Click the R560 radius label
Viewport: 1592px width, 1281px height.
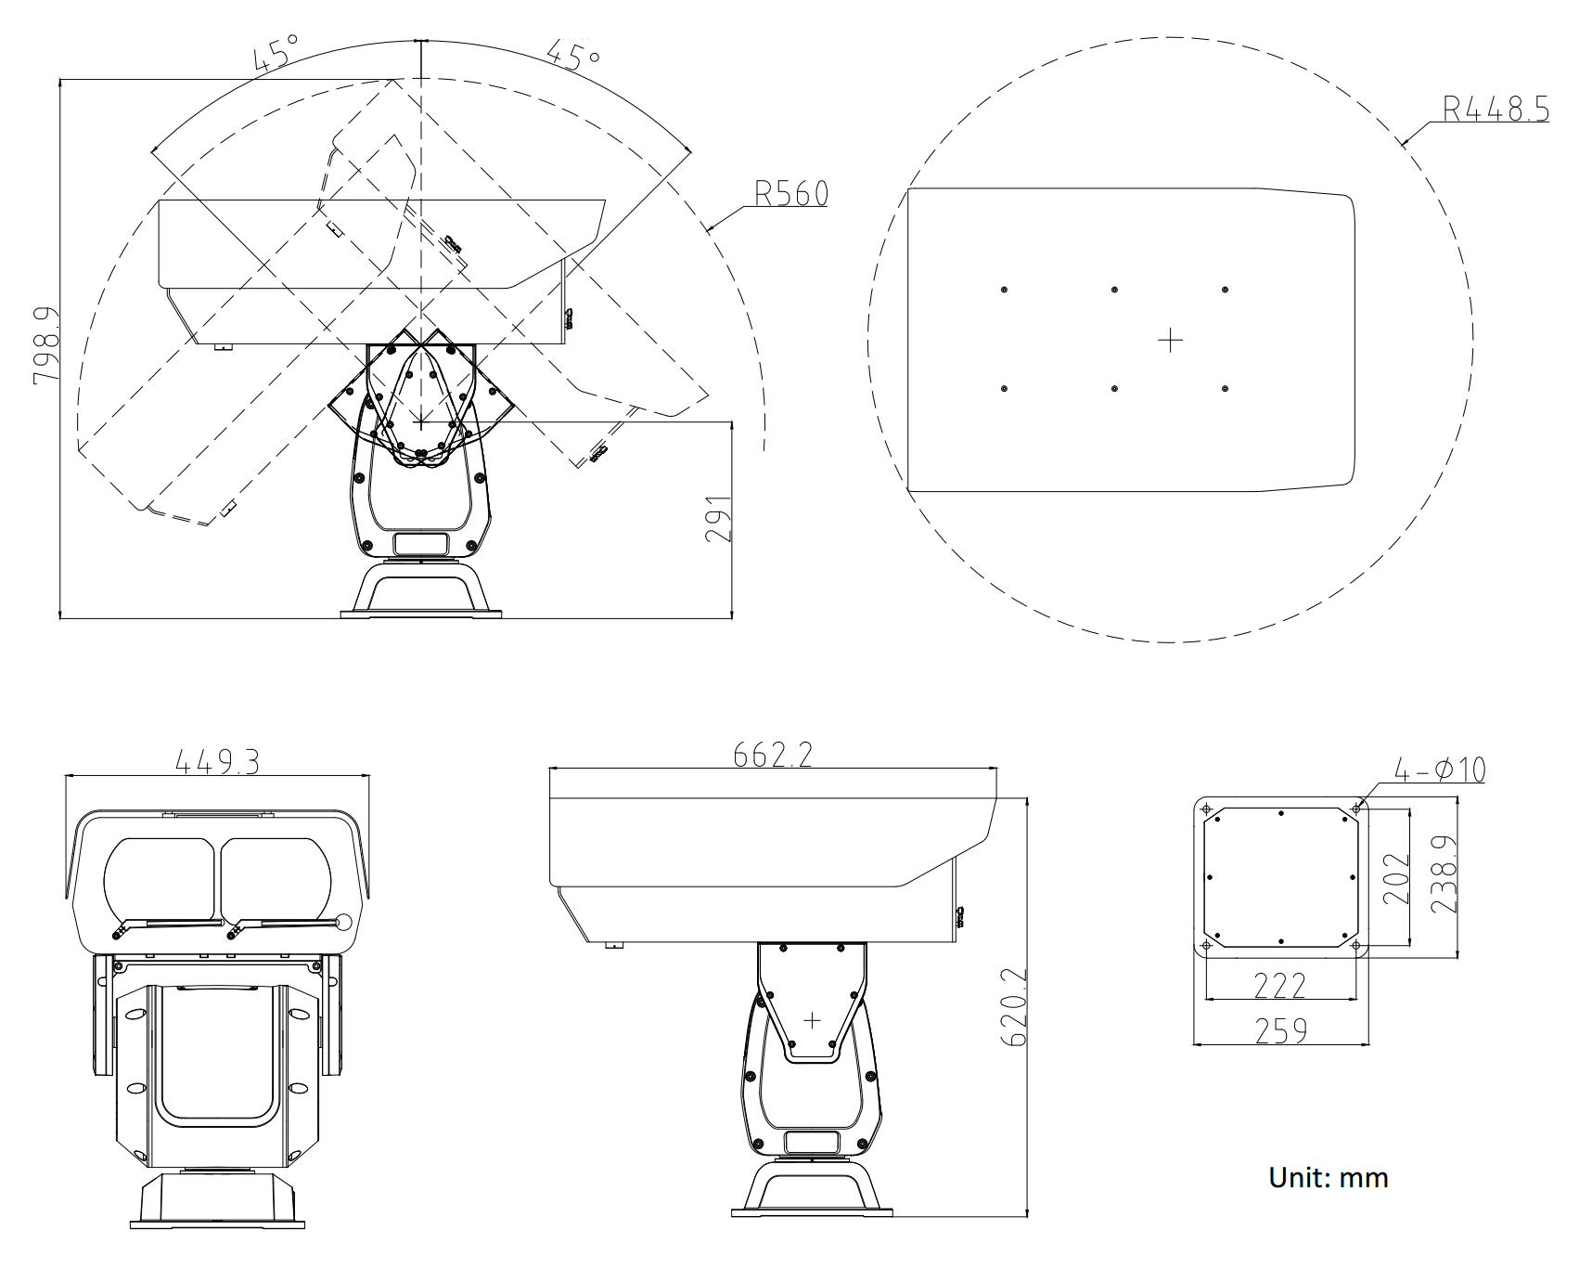click(x=790, y=193)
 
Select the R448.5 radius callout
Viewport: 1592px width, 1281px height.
click(x=1495, y=110)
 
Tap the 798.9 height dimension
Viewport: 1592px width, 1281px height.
click(x=46, y=345)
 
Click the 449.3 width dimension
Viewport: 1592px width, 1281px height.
click(x=217, y=762)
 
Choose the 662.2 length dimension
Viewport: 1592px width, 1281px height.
click(x=772, y=755)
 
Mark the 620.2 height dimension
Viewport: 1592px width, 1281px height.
click(x=1015, y=1007)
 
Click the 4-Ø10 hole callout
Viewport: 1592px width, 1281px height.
click(x=1440, y=770)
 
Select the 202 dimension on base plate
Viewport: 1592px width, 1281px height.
click(x=1396, y=878)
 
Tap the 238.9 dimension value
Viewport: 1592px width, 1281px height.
click(x=1444, y=875)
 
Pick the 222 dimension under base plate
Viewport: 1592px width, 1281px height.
click(x=1279, y=985)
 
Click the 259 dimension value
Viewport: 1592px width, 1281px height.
click(x=1280, y=1030)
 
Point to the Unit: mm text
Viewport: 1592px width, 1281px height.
click(x=1328, y=1178)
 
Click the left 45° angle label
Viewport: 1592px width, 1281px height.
click(x=276, y=53)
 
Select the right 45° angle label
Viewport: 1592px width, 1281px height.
click(x=572, y=54)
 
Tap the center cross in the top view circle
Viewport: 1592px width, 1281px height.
click(x=1171, y=340)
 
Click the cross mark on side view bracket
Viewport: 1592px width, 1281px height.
click(x=812, y=1020)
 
